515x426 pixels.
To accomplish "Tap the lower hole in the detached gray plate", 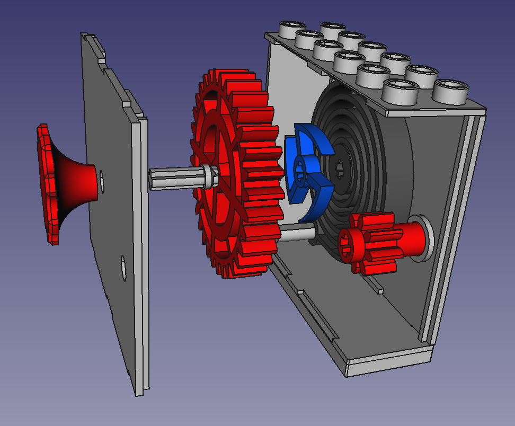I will coord(123,268).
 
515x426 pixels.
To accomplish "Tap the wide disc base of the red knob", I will coord(47,183).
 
